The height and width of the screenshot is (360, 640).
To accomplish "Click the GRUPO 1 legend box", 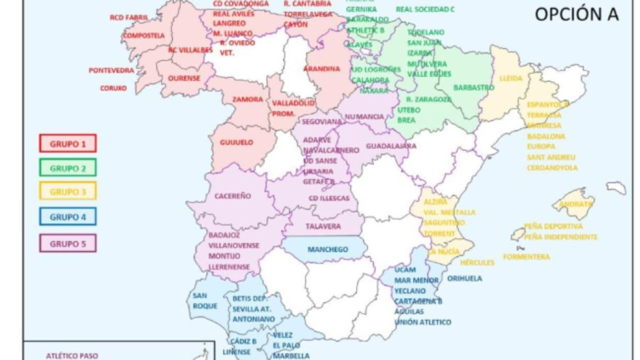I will coord(67,143).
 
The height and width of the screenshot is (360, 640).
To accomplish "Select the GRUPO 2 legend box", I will coord(67,167).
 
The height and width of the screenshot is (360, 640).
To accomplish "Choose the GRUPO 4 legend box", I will coord(67,217).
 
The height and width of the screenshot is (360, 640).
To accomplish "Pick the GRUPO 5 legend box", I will coord(67,243).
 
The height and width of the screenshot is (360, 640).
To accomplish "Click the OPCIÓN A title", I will coord(577,14).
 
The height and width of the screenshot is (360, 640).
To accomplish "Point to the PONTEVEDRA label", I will coord(111,70).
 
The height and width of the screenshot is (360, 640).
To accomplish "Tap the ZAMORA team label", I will coord(247,100).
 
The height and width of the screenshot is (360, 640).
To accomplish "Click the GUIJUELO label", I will coord(236,143).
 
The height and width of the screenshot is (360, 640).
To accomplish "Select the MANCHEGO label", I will coord(327,250).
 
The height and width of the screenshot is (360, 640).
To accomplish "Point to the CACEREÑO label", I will coord(233,196).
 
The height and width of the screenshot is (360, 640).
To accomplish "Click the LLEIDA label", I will coord(511,78).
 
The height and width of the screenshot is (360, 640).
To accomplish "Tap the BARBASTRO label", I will coord(470,87).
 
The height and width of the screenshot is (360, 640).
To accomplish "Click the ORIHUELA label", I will coord(464,278).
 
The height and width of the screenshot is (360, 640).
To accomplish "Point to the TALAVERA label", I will coord(323,226).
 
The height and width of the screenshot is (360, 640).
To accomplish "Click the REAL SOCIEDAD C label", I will coord(425,9).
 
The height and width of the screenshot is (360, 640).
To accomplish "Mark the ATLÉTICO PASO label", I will coord(72,355).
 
